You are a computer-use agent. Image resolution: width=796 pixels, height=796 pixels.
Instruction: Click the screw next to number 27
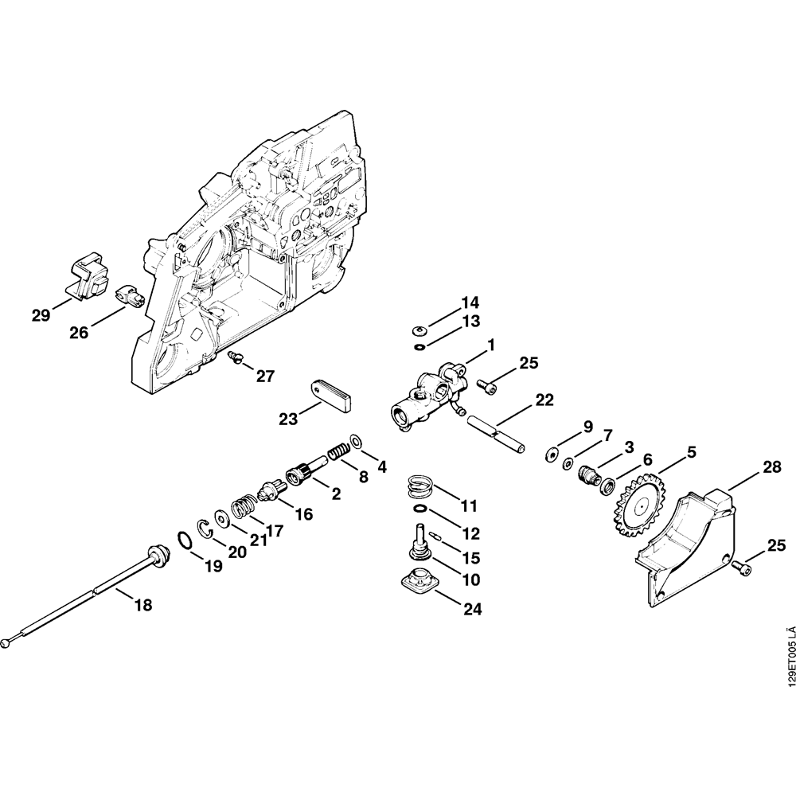[234, 357]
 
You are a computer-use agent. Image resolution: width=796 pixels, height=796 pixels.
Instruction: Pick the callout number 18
[142, 605]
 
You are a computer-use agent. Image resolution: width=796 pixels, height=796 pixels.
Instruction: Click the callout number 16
[304, 514]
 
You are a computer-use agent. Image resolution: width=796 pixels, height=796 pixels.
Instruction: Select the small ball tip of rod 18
[7, 642]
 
